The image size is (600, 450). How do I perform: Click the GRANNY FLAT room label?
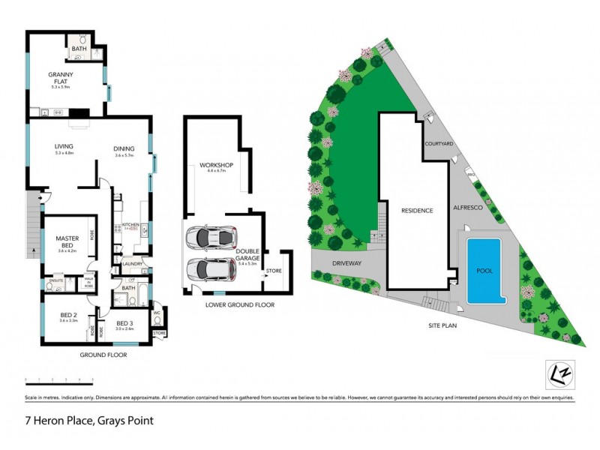(59, 77)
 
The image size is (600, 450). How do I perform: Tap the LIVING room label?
(63, 147)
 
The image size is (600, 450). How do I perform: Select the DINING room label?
(124, 148)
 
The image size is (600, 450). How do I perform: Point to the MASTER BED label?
(67, 241)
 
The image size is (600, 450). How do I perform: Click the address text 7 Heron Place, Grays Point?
(89, 421)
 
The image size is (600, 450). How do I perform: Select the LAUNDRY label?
(132, 263)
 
